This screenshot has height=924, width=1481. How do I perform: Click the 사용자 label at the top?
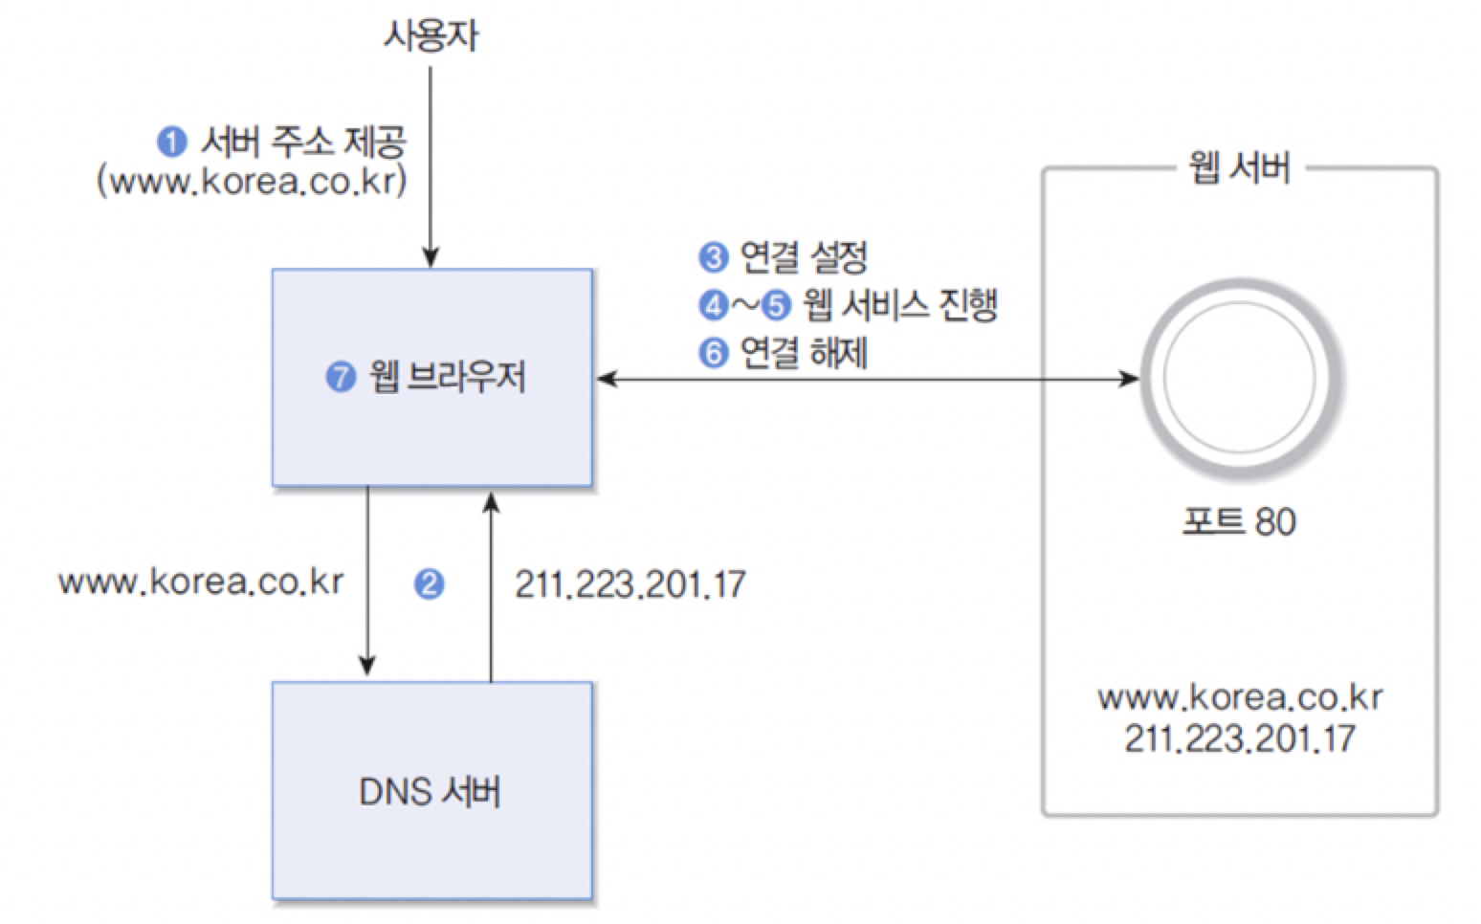pos(431,35)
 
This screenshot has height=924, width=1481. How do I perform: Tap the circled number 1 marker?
pos(171,143)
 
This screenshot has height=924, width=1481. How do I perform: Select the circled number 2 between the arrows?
pos(429,583)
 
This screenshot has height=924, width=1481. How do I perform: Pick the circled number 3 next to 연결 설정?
pos(713,257)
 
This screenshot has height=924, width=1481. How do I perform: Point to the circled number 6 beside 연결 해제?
pos(713,353)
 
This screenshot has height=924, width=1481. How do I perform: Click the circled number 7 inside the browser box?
pos(341,377)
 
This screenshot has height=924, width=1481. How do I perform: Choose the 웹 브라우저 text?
pos(448,377)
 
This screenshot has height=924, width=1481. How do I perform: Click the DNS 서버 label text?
pos(430,792)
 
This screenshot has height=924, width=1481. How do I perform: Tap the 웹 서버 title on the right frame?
pos(1239,168)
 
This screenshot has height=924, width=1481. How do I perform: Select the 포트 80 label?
pos(1239,521)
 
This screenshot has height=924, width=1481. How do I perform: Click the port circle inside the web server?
pos(1240,377)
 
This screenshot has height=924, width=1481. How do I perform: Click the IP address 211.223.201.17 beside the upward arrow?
pos(630,583)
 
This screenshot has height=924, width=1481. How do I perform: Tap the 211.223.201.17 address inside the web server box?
pos(1239,738)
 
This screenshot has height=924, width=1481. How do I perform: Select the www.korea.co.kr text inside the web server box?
pos(1239,697)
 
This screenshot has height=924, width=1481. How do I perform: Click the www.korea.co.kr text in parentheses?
pos(252,181)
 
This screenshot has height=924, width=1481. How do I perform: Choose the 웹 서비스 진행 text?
pos(899,305)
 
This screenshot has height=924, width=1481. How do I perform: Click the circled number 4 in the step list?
pos(713,305)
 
